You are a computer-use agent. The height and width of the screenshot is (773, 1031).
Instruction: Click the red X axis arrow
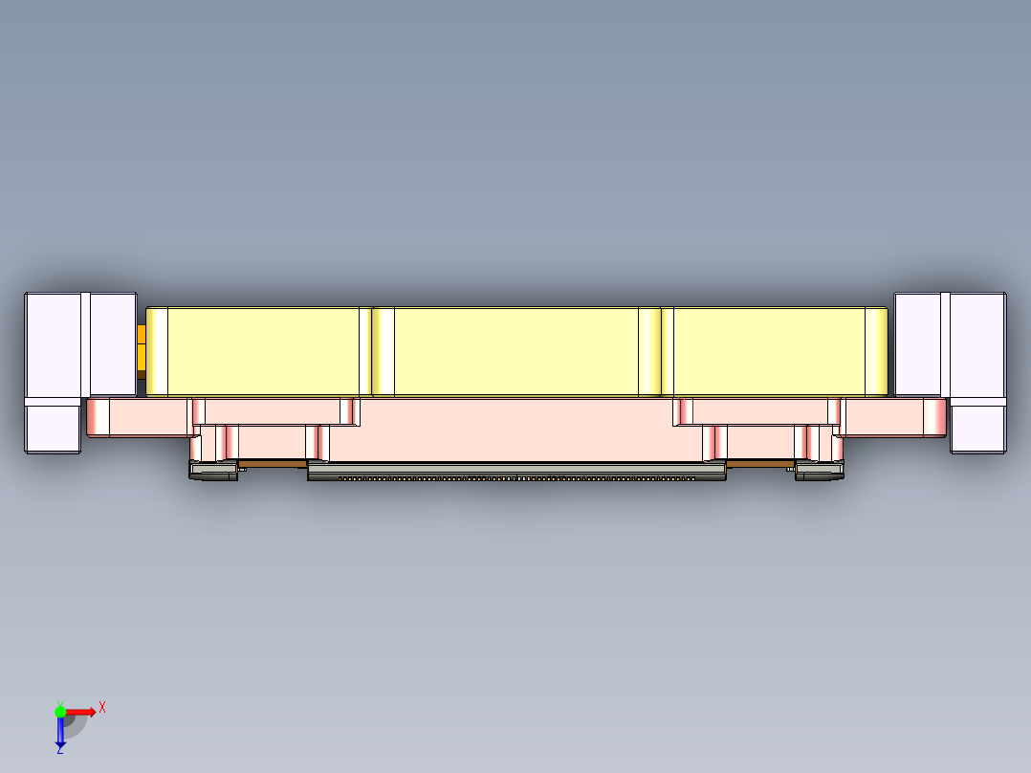click(82, 711)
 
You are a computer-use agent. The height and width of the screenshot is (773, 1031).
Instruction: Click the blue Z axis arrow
click(60, 733)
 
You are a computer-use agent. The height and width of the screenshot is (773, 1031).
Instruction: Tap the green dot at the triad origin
click(60, 711)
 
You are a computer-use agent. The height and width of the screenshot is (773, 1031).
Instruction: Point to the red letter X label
click(102, 707)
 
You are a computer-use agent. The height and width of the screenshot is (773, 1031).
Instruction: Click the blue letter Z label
click(59, 750)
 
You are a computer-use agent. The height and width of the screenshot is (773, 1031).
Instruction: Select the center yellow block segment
click(515, 351)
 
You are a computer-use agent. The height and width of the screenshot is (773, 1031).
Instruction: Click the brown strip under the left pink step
click(272, 464)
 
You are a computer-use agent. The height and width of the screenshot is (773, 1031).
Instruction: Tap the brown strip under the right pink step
click(759, 464)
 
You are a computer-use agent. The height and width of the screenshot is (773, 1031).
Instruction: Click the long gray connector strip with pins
click(515, 472)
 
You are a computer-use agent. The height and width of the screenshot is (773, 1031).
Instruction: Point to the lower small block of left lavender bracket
click(52, 428)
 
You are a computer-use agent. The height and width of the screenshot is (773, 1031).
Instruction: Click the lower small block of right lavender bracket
click(977, 428)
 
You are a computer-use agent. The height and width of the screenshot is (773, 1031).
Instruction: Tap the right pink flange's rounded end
click(934, 417)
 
